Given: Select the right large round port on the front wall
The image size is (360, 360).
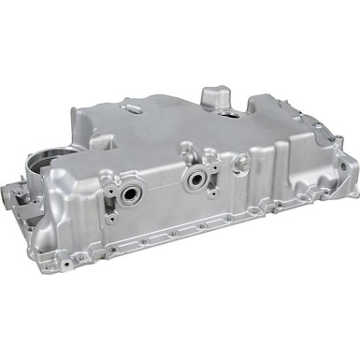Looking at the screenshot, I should [196, 178].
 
